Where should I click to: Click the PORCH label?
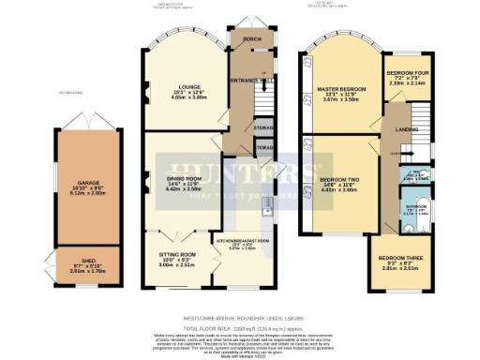tap(251, 40)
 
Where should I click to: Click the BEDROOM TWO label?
tap(340, 177)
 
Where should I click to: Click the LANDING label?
tap(406, 129)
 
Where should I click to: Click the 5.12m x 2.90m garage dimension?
tap(85, 199)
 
